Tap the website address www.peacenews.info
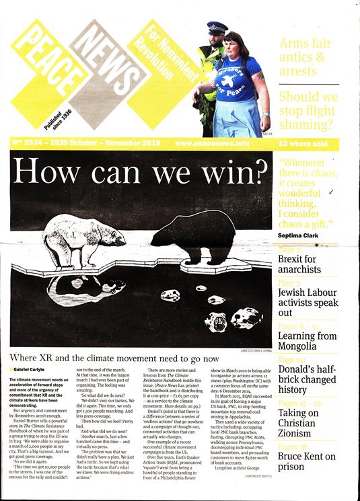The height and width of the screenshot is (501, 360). click(212, 144)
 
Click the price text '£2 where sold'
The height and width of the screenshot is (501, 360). click(311, 144)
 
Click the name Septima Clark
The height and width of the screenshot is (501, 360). click(303, 235)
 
